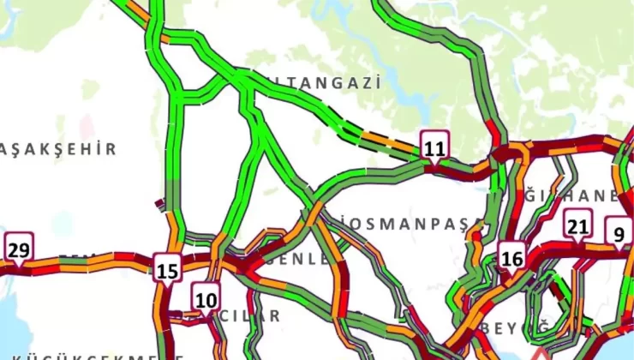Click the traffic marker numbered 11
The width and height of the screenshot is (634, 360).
pyautogui.click(x=434, y=147)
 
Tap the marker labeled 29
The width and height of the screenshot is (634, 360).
pyautogui.click(x=19, y=249)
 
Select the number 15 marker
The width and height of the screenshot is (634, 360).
pyautogui.click(x=168, y=270)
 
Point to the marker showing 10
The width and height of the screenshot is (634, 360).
pyautogui.click(x=206, y=299)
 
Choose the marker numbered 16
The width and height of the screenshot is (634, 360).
pyautogui.click(x=512, y=257)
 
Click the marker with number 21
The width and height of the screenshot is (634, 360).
pyautogui.click(x=577, y=226)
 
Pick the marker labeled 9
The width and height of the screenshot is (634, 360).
pyautogui.click(x=617, y=231)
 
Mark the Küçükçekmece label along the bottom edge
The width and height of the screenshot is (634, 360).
pyautogui.click(x=86, y=355)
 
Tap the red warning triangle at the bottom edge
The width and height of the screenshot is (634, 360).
pyautogui.click(x=540, y=353)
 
